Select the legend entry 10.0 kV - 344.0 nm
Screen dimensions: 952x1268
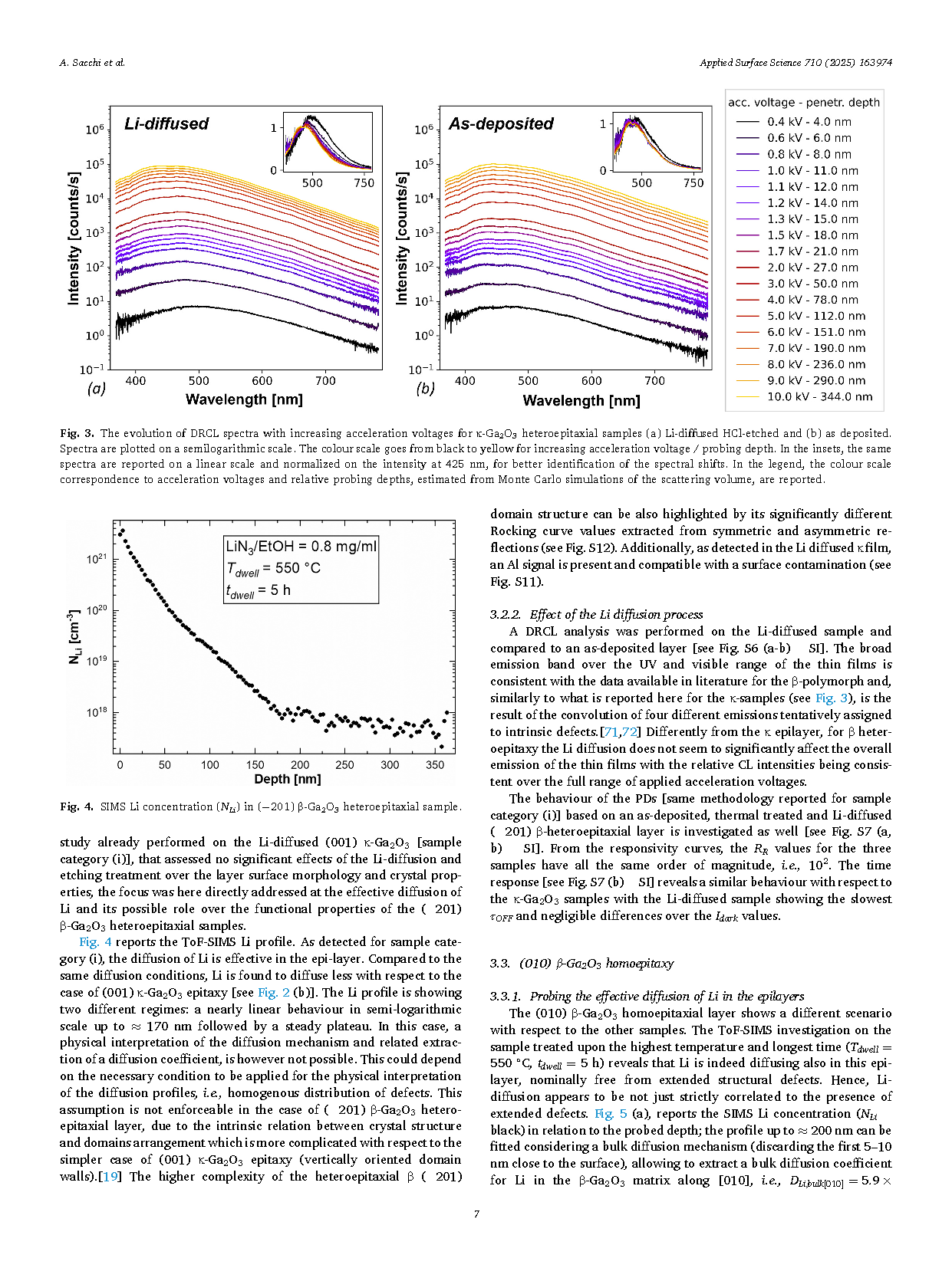tap(804, 397)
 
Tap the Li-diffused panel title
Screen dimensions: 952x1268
tap(166, 123)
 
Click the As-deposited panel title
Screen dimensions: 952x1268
tap(501, 123)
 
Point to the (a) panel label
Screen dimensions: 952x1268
tap(97, 388)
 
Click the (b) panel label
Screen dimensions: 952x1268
tap(426, 388)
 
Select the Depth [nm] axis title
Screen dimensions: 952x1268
tap(287, 779)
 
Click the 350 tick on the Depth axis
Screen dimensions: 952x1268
tap(435, 765)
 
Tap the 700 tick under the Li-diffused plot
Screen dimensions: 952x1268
tap(325, 381)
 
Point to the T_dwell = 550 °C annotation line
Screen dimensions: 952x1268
tap(273, 568)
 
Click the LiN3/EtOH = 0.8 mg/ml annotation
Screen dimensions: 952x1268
tap(301, 547)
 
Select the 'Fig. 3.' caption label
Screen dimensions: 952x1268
tap(77, 433)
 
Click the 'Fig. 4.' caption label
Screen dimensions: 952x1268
tap(77, 806)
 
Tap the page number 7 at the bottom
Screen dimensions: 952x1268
tap(476, 1214)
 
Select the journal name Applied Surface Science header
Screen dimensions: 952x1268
tap(750, 62)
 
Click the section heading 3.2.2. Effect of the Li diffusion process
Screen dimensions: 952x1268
tap(597, 614)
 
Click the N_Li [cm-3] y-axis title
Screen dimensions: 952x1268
tap(74, 636)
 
